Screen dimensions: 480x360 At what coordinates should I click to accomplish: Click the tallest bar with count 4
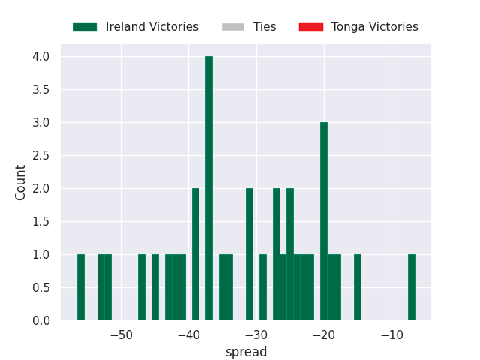pyautogui.click(x=209, y=188)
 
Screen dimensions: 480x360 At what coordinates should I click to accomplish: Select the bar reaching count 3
pyautogui.click(x=324, y=221)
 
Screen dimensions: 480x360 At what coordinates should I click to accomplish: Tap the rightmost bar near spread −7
pyautogui.click(x=412, y=287)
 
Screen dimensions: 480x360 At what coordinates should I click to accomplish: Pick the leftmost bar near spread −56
pyautogui.click(x=81, y=287)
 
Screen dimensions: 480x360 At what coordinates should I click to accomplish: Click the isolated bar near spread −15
pyautogui.click(x=358, y=287)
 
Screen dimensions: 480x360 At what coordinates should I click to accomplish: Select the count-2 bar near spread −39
pyautogui.click(x=196, y=254)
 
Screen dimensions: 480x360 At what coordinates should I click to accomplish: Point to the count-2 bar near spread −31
pyautogui.click(x=250, y=254)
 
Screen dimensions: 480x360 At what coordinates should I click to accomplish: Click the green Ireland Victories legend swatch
pyautogui.click(x=85, y=27)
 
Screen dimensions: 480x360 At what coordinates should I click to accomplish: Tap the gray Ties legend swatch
pyautogui.click(x=233, y=27)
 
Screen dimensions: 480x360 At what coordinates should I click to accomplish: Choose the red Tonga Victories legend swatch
pyautogui.click(x=311, y=27)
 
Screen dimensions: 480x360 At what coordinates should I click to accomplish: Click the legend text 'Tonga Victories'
pyautogui.click(x=375, y=27)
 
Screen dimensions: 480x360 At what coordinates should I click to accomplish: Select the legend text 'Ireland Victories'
pyautogui.click(x=152, y=27)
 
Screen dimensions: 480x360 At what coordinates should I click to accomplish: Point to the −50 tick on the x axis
pyautogui.click(x=121, y=335)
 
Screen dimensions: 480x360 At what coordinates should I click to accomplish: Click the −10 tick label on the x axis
pyautogui.click(x=391, y=335)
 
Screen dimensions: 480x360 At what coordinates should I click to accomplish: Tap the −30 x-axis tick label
pyautogui.click(x=256, y=335)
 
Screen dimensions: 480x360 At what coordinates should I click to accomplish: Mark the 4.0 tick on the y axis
pyautogui.click(x=41, y=57)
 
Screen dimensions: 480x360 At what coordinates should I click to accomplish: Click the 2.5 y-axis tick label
pyautogui.click(x=41, y=156)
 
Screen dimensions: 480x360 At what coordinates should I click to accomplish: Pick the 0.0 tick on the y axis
pyautogui.click(x=41, y=320)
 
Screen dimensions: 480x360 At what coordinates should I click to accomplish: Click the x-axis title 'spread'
pyautogui.click(x=247, y=352)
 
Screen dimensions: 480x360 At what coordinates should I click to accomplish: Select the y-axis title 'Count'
pyautogui.click(x=20, y=182)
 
